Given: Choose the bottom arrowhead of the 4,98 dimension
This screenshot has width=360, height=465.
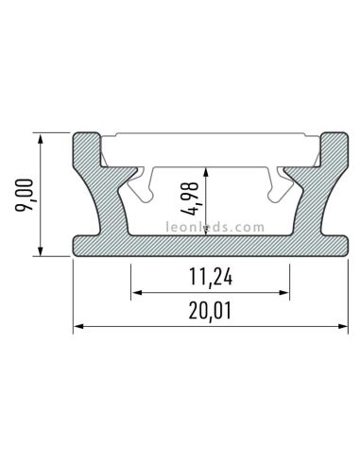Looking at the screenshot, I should (209, 230).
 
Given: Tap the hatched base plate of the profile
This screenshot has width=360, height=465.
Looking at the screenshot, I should (209, 245).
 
